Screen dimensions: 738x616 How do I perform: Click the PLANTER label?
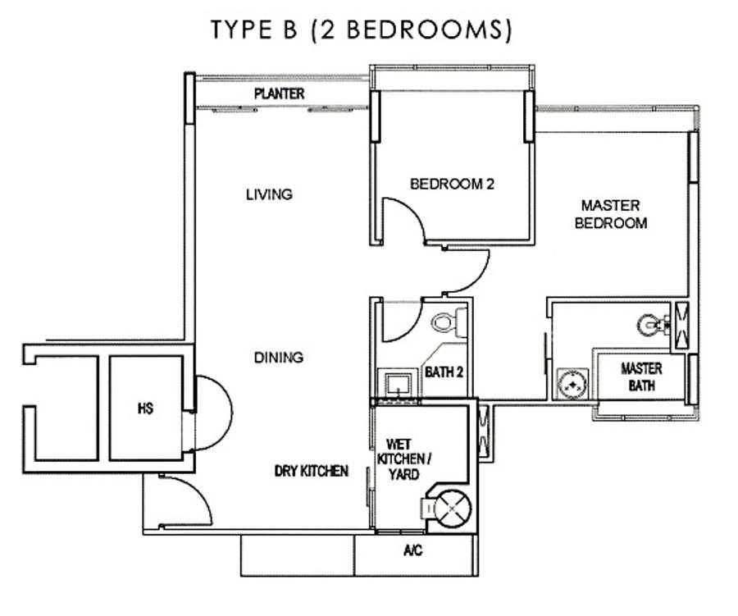point(279,94)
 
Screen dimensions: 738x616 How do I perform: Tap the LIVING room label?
point(269,194)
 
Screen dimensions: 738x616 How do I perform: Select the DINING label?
point(279,358)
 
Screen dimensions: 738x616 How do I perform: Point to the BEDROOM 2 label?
point(452,184)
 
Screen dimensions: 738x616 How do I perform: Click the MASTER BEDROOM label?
point(611,214)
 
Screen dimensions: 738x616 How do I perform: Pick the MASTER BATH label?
point(641,376)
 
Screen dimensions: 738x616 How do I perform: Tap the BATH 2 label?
point(444,372)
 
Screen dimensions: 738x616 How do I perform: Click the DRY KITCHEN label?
point(311,471)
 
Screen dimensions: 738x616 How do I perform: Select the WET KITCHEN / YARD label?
point(404,459)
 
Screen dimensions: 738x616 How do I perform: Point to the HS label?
point(145,408)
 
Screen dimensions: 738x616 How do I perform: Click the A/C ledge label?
point(412,550)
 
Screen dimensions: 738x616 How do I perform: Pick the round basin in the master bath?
point(572,383)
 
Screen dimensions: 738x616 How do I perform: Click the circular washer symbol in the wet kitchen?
point(453,509)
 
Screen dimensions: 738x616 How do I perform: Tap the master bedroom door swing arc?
point(479,279)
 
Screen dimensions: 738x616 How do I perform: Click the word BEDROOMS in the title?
point(428,30)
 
